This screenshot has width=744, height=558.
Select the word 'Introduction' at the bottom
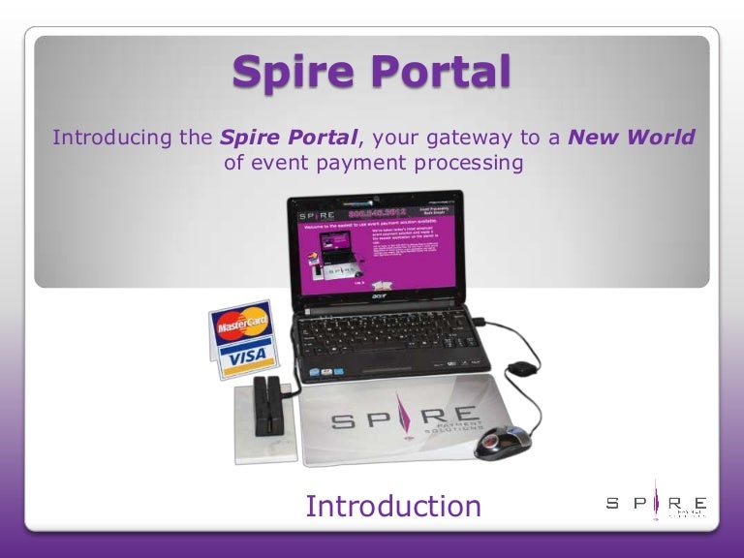(392, 506)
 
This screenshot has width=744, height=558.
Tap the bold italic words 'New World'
(632, 137)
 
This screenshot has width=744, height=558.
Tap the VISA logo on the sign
(245, 359)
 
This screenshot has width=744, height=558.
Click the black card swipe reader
(264, 407)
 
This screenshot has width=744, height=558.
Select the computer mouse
(503, 442)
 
